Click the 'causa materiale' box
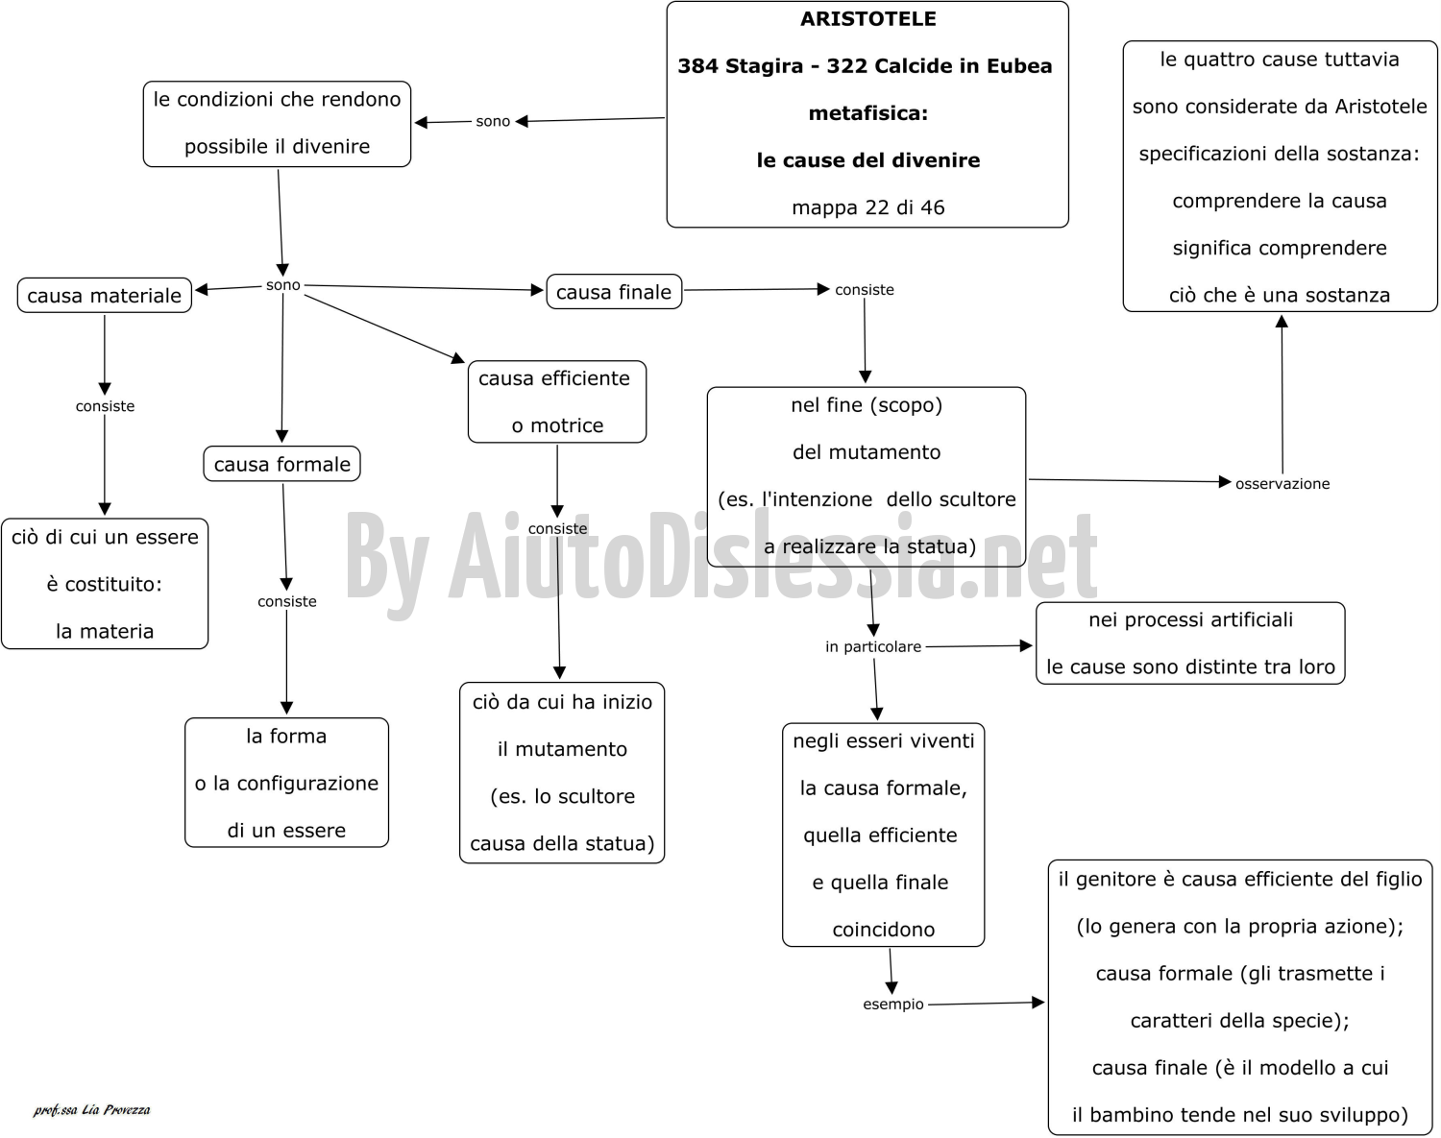pyautogui.click(x=105, y=295)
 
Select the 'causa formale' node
pyautogui.click(x=281, y=464)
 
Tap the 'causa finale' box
pyautogui.click(x=614, y=292)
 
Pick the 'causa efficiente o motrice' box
pyautogui.click(x=557, y=401)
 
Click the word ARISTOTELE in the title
pyautogui.click(x=868, y=19)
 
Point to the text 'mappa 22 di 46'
pyautogui.click(x=868, y=207)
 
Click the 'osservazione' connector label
pyautogui.click(x=1282, y=483)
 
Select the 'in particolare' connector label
pyautogui.click(x=873, y=646)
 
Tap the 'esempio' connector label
pyautogui.click(x=893, y=1005)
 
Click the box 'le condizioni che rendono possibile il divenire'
pyautogui.click(x=278, y=124)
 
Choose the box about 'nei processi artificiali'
pyautogui.click(x=1190, y=643)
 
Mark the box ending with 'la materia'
pyautogui.click(x=105, y=584)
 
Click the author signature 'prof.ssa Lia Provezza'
pyautogui.click(x=91, y=1110)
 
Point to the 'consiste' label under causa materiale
pyautogui.click(x=105, y=406)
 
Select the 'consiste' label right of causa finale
pyautogui.click(x=865, y=290)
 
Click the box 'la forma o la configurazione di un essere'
pyautogui.click(x=286, y=783)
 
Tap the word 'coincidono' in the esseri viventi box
pyautogui.click(x=883, y=930)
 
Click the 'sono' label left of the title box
pyautogui.click(x=493, y=121)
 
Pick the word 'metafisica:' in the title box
pyautogui.click(x=868, y=113)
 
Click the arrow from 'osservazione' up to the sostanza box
pyautogui.click(x=1282, y=395)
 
